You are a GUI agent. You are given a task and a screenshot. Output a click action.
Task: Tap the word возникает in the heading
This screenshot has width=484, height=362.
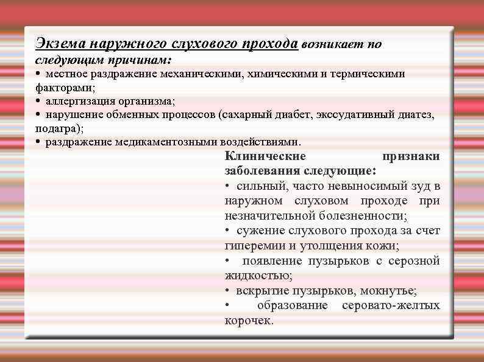pos(329,44)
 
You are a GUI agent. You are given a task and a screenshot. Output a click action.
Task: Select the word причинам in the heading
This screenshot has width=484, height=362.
pos(145,61)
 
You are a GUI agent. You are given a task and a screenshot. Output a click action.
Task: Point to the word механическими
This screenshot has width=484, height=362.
pos(202,74)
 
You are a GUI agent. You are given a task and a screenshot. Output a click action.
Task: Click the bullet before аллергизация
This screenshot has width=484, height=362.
pos(38,100)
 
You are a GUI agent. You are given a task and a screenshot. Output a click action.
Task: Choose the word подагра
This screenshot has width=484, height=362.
pos(59,128)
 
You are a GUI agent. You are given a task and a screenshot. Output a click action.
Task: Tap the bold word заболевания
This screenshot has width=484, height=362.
pos(262,171)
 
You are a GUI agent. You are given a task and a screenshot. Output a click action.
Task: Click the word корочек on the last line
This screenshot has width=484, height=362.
pos(249,320)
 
